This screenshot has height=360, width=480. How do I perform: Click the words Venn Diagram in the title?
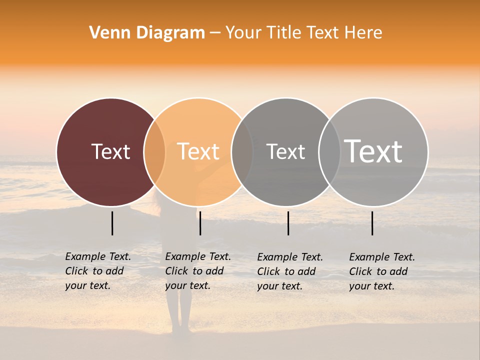pyautogui.click(x=147, y=33)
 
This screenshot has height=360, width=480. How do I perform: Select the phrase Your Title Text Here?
pyautogui.click(x=303, y=33)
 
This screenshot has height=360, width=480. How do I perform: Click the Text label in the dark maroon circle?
pyautogui.click(x=110, y=151)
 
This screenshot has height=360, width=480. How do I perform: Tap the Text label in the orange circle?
pyautogui.click(x=198, y=151)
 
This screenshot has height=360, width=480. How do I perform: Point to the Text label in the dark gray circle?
pyautogui.click(x=285, y=151)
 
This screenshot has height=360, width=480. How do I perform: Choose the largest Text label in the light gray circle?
pyautogui.click(x=373, y=151)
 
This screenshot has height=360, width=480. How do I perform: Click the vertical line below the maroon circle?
pyautogui.click(x=112, y=223)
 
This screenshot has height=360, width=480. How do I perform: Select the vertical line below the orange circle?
pyautogui.click(x=200, y=223)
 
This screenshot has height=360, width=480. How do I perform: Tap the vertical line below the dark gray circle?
pyautogui.click(x=288, y=223)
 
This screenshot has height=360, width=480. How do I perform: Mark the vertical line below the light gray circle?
pyautogui.click(x=372, y=223)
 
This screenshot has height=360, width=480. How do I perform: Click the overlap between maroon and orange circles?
pyautogui.click(x=154, y=152)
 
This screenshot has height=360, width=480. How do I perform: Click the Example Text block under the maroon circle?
pyautogui.click(x=98, y=271)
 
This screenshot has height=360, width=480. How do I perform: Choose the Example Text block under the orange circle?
pyautogui.click(x=198, y=271)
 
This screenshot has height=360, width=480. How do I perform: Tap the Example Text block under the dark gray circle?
pyautogui.click(x=290, y=271)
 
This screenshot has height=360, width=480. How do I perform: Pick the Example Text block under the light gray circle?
pyautogui.click(x=382, y=271)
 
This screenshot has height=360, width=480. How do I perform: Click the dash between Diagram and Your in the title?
pyautogui.click(x=215, y=33)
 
